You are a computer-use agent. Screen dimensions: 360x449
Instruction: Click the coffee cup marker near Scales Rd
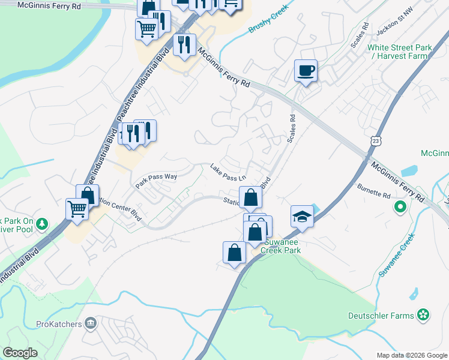pos(306,71)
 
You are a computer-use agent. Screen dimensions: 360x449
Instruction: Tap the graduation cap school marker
pos(302,217)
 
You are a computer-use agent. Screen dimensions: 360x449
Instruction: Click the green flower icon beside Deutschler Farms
pos(423,314)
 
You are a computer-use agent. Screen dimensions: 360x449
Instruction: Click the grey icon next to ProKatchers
pos(91,323)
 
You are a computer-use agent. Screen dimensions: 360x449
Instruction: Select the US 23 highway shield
pos(375,140)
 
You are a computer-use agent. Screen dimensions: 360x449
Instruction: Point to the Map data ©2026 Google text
pos(412,355)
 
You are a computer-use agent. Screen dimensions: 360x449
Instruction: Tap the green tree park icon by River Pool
pos(41,224)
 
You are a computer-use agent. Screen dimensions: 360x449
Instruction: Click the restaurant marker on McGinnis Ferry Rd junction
pos(184,45)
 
